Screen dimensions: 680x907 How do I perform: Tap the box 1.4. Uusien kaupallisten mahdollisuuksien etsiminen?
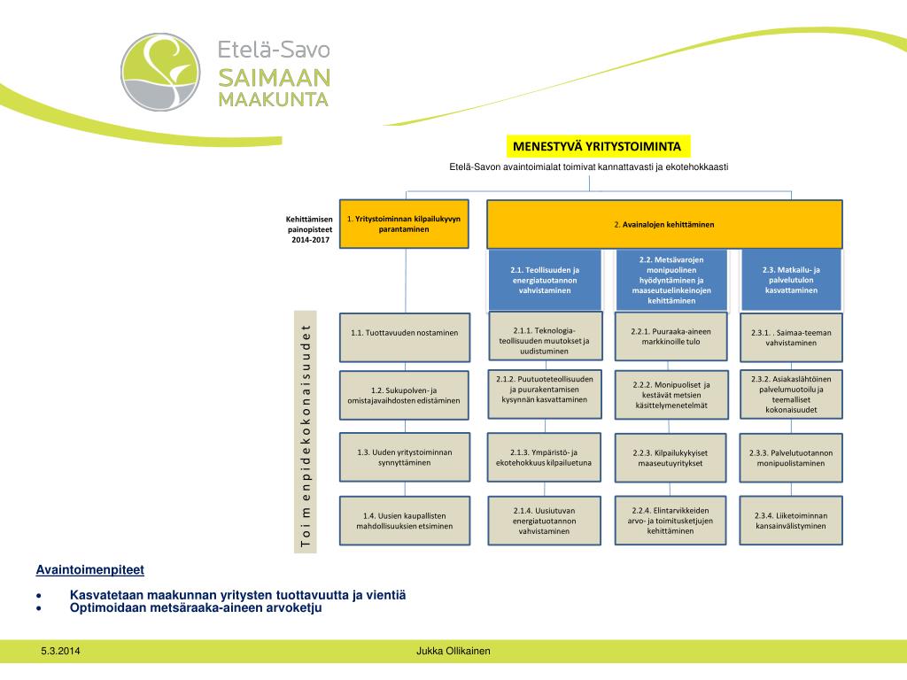click(x=404, y=521)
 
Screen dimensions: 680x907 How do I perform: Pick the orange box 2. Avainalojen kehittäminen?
click(x=663, y=224)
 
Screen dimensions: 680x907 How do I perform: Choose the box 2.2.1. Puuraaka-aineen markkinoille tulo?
click(x=671, y=336)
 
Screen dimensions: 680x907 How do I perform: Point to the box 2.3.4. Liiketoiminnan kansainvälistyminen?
click(x=791, y=521)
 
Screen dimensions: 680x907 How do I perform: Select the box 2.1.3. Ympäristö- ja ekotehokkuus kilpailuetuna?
click(x=544, y=457)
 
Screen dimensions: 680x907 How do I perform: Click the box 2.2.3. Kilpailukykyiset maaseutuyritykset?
click(x=671, y=458)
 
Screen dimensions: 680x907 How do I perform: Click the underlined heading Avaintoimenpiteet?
click(x=89, y=569)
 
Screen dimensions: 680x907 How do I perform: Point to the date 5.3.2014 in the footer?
click(x=60, y=652)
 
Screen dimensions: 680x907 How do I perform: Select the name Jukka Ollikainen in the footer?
click(x=453, y=652)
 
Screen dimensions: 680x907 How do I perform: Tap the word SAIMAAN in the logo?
click(x=275, y=78)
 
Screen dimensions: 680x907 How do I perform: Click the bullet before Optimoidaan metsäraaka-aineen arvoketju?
click(x=39, y=608)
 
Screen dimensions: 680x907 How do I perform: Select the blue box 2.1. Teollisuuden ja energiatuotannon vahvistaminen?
click(x=545, y=280)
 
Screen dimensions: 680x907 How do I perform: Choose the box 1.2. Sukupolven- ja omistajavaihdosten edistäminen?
click(x=404, y=396)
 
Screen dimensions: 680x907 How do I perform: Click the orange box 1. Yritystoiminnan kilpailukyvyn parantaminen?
click(x=404, y=224)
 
